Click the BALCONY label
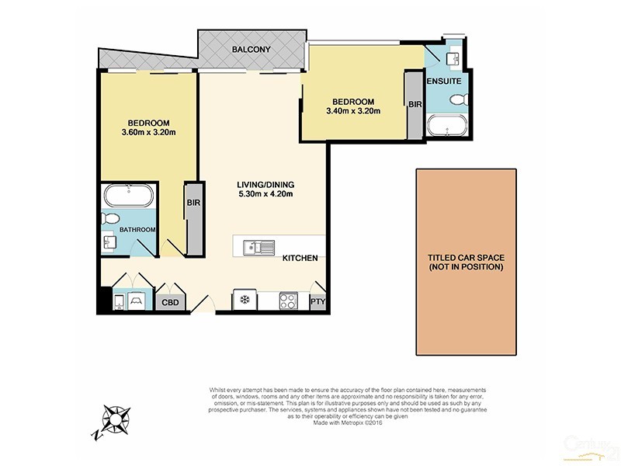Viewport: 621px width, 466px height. [250, 50]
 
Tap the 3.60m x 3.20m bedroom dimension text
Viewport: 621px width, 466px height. [149, 133]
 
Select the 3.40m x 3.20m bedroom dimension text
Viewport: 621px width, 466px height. [353, 111]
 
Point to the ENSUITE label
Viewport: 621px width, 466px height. [444, 81]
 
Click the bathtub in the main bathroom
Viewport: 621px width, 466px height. [128, 195]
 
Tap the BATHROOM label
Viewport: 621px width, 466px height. [137, 230]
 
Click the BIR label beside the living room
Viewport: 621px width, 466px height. [192, 203]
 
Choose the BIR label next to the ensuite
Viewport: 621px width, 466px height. [415, 103]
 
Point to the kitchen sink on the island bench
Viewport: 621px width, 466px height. [257, 248]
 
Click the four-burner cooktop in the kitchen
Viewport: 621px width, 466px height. [288, 301]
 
